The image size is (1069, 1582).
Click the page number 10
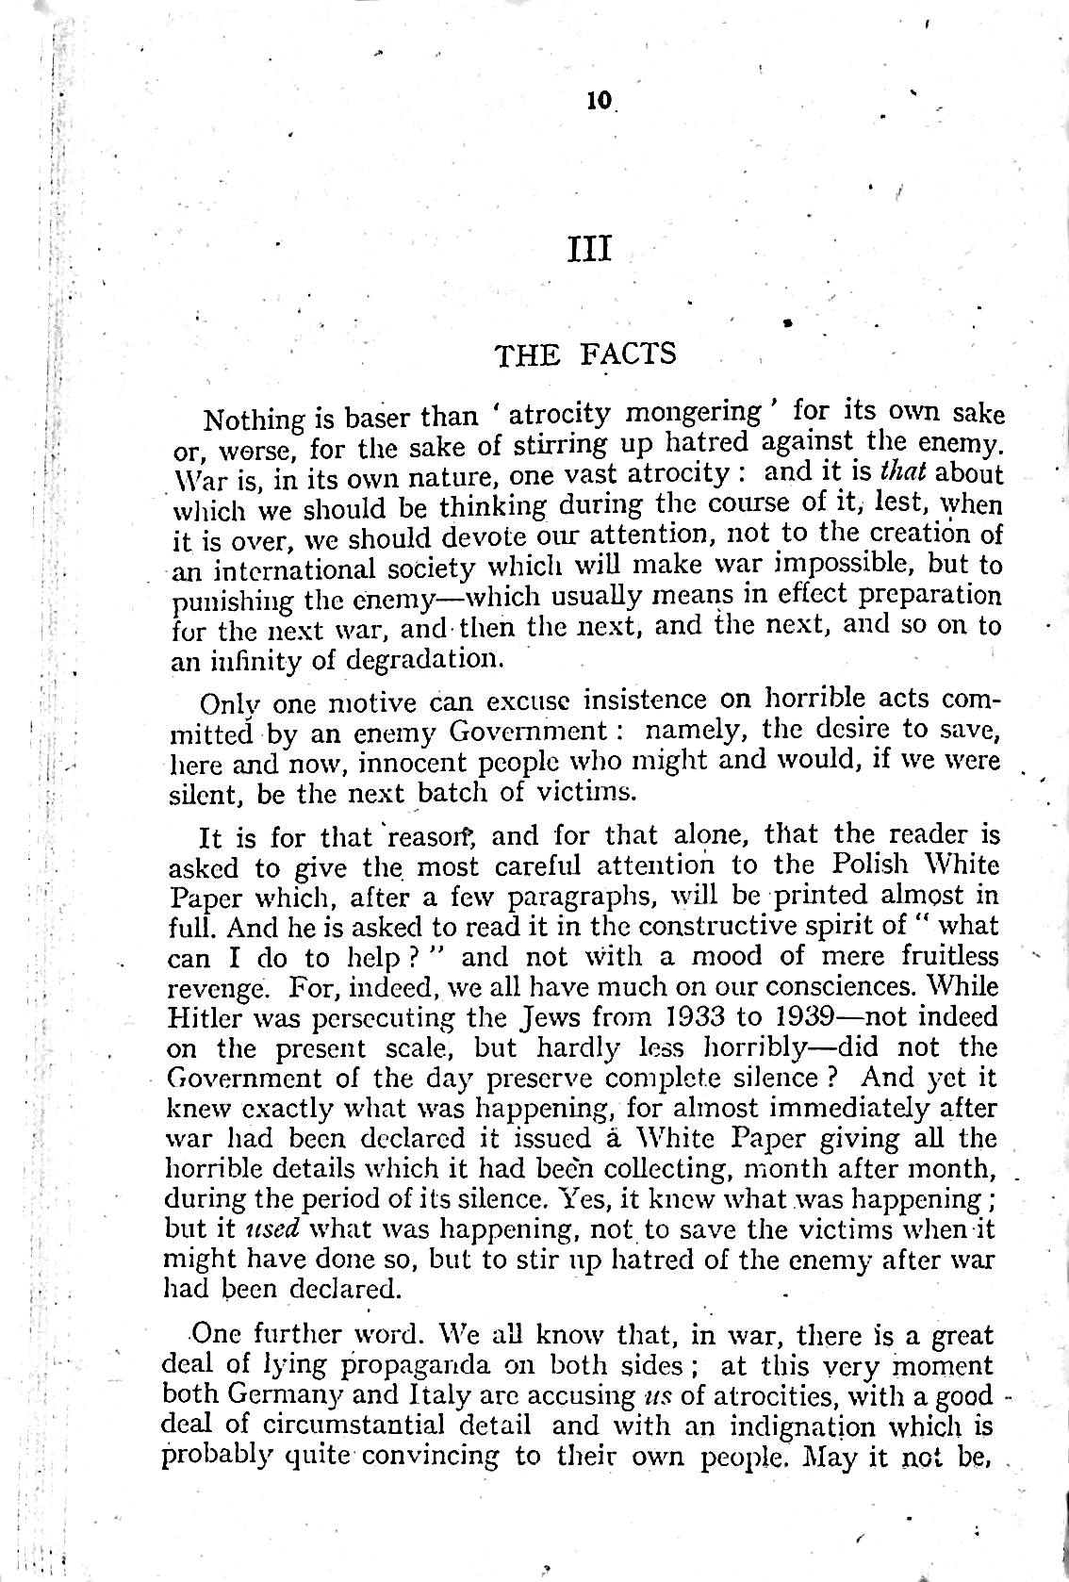pos(598,101)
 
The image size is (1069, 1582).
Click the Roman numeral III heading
pos(591,250)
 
